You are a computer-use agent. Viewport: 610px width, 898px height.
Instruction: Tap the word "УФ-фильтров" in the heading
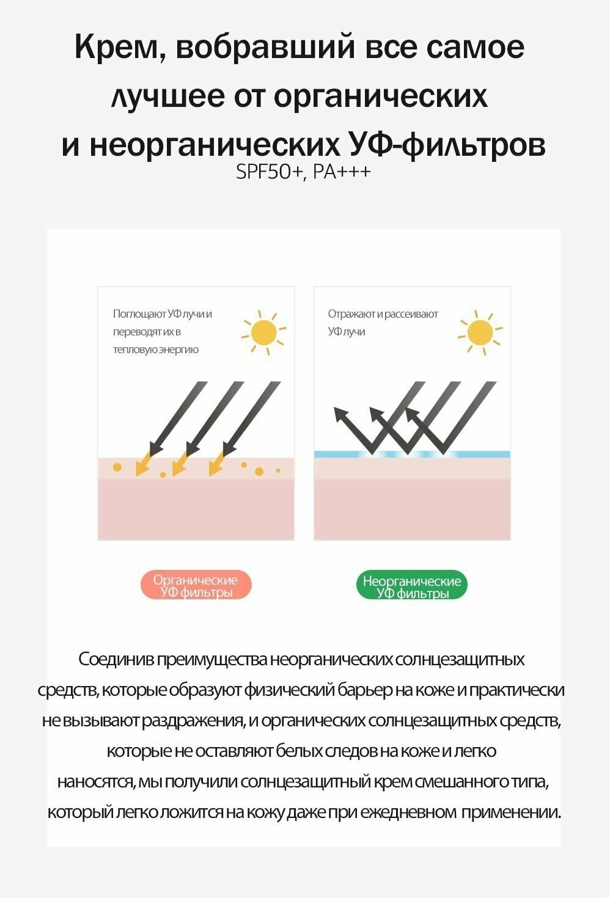(447, 145)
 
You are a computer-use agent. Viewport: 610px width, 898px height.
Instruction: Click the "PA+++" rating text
(342, 172)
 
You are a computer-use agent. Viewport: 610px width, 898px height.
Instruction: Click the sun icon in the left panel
(264, 333)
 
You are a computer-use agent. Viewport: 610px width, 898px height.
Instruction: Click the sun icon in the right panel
(480, 333)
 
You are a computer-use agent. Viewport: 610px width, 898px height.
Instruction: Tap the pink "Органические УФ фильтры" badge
(196, 586)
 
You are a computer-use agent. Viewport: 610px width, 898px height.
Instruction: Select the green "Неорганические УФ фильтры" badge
(411, 586)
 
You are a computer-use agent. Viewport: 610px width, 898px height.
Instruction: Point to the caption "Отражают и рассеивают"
(383, 314)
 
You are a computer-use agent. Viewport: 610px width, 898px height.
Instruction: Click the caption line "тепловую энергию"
(155, 349)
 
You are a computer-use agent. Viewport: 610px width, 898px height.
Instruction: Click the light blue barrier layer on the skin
(412, 454)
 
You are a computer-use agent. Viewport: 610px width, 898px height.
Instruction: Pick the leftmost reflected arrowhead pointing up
(339, 415)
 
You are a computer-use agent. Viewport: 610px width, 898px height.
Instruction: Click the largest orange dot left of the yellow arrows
(117, 467)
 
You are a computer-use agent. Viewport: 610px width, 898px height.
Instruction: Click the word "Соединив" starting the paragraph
(116, 660)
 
